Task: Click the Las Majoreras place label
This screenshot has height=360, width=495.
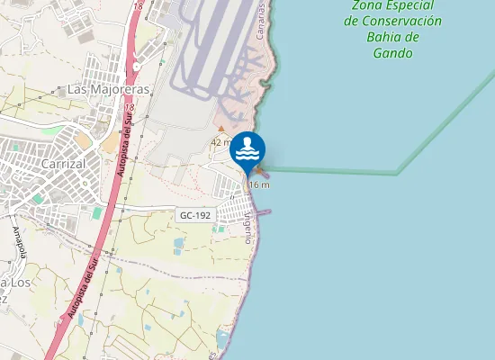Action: tap(107, 90)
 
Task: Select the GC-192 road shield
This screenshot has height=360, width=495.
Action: tap(194, 215)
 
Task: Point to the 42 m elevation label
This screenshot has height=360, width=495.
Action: tap(221, 142)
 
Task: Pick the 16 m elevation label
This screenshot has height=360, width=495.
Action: tap(259, 184)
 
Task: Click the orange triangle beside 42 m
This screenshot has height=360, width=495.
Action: tap(221, 129)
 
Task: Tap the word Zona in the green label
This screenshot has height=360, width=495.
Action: tap(368, 4)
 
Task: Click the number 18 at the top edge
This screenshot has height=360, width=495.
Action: tap(137, 5)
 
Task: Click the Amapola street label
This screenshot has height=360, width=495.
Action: tap(19, 241)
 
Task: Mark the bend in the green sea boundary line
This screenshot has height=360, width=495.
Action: tap(399, 173)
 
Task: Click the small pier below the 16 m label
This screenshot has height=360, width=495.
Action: tap(263, 212)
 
